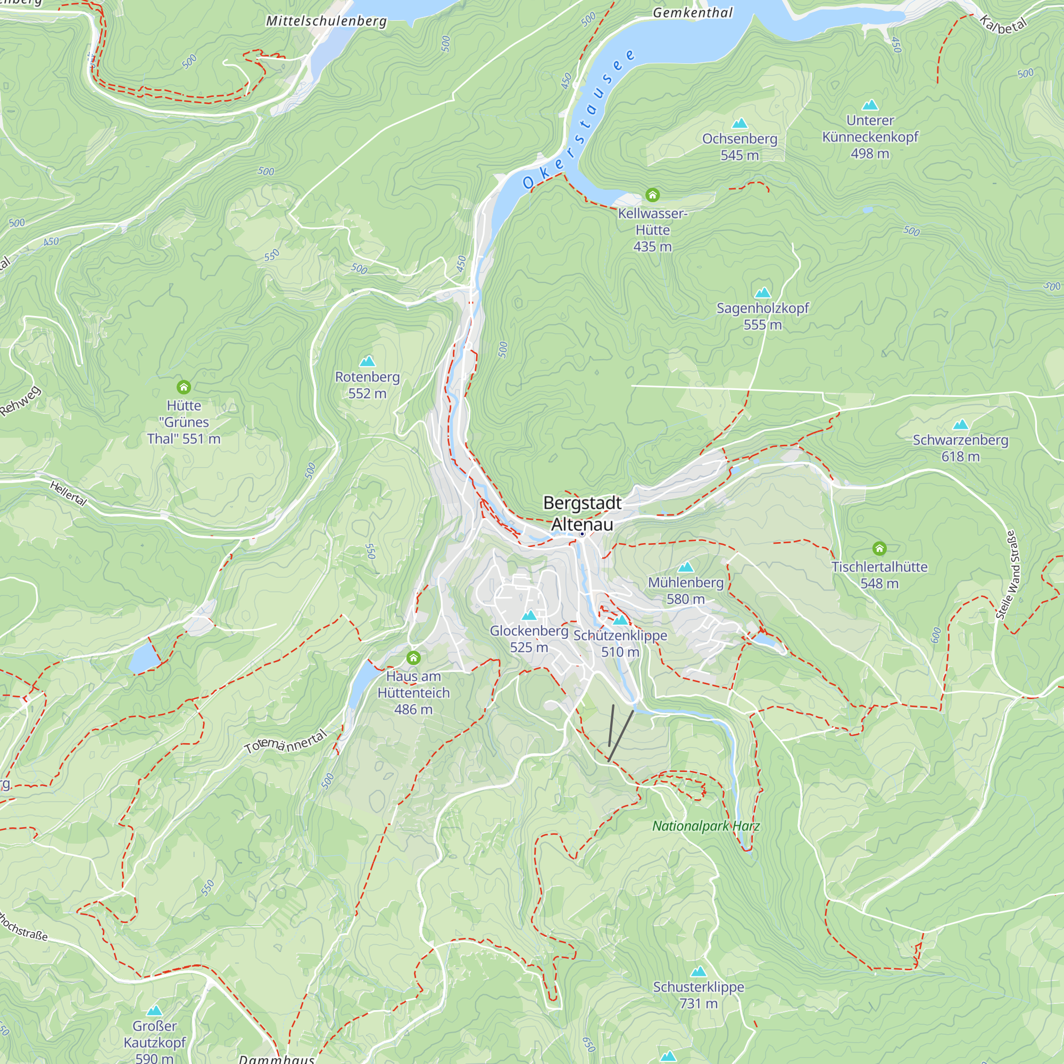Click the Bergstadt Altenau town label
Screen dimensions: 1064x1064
tap(582, 513)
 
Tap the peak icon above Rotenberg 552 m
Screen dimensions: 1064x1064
tap(367, 361)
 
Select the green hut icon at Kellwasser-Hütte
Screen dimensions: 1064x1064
tap(652, 195)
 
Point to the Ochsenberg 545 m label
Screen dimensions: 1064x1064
tap(739, 146)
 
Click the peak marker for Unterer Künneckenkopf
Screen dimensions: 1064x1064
tap(870, 105)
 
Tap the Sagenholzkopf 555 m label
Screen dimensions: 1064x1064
tap(762, 315)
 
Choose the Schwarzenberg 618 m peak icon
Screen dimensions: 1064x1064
tap(960, 424)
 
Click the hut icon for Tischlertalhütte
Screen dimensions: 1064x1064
tap(879, 548)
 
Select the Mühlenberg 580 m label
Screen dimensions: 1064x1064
tap(686, 591)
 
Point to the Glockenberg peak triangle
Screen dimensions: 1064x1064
tap(529, 615)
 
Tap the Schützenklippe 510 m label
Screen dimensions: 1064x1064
tap(620, 643)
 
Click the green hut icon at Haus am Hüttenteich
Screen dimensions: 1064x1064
tap(413, 658)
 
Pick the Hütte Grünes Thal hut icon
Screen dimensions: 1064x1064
tap(184, 387)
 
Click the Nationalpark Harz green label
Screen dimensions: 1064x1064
tap(706, 826)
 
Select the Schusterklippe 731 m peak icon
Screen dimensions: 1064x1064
tap(699, 971)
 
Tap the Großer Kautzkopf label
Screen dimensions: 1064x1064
tap(155, 1034)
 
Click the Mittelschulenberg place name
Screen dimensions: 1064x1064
tap(326, 21)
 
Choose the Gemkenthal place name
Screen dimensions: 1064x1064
tap(693, 13)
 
